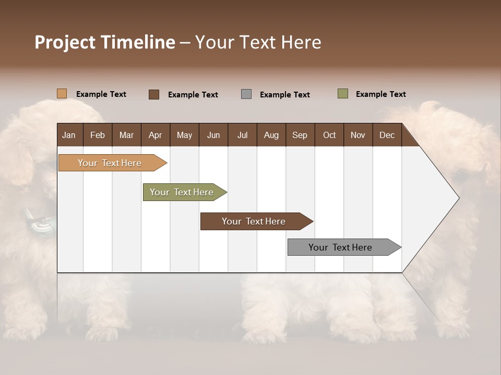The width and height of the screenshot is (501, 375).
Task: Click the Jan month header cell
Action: [69, 135]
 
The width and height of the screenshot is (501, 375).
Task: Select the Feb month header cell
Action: [98, 135]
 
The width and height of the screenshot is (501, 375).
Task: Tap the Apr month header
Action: [155, 135]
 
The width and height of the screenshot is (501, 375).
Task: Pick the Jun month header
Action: [213, 135]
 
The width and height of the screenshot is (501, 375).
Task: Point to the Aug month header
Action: [271, 135]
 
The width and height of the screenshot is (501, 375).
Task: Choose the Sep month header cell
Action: [300, 135]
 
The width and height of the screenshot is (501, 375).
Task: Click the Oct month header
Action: [329, 135]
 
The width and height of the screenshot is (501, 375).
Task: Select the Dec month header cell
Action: [387, 135]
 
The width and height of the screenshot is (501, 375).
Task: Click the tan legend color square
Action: [62, 94]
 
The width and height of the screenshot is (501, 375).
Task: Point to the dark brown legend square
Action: [154, 94]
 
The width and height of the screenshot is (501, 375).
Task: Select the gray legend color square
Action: [246, 94]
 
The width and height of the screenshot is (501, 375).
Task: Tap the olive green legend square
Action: [342, 94]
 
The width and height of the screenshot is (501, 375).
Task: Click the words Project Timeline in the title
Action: [104, 42]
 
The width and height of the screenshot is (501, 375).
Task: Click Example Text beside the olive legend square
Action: [380, 94]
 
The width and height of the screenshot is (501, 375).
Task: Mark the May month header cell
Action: [184, 135]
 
